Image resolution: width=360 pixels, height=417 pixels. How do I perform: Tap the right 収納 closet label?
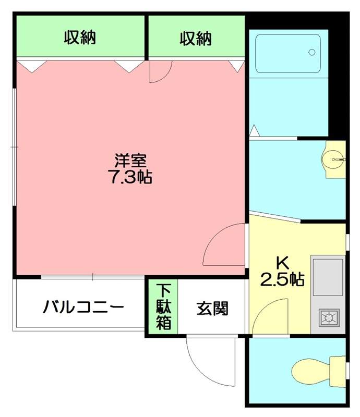click(196, 38)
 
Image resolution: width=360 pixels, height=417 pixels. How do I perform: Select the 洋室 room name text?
click(130, 160)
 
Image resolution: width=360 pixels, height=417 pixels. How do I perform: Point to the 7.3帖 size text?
click(130, 177)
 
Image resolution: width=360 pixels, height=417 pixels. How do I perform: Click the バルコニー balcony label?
click(83, 306)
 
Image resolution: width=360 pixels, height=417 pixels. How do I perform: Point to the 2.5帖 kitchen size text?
click(282, 279)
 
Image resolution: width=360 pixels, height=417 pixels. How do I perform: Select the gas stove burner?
click(329, 316)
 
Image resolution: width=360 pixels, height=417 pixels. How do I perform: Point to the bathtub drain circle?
click(311, 52)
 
